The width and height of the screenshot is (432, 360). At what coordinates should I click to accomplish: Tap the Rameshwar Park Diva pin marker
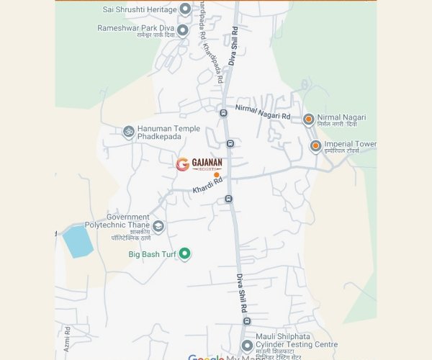[x=183, y=30]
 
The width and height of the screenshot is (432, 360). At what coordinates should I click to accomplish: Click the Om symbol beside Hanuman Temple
[x=129, y=132]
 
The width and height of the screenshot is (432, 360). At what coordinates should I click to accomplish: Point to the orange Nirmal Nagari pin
[x=308, y=119]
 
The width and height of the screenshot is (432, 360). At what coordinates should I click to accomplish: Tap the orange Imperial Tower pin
[x=315, y=146]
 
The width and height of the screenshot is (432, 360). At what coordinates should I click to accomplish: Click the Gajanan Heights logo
[x=199, y=164]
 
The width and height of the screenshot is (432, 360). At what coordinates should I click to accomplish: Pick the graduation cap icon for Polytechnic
[x=158, y=226]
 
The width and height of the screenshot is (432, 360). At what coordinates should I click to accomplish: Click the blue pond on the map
[x=78, y=241]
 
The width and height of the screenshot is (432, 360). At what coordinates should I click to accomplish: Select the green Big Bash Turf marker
[x=184, y=253]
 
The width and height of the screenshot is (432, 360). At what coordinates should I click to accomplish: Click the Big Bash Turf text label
[x=153, y=254]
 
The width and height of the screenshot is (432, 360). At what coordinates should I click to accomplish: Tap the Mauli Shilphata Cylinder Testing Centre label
[x=297, y=340]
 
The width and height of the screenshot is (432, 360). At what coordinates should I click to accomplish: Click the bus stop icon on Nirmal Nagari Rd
[x=223, y=113]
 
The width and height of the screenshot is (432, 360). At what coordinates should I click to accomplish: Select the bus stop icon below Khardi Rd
[x=228, y=199]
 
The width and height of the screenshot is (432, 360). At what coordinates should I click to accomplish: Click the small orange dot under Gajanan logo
[x=216, y=175]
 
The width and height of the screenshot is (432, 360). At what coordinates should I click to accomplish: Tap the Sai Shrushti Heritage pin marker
[x=185, y=9]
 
